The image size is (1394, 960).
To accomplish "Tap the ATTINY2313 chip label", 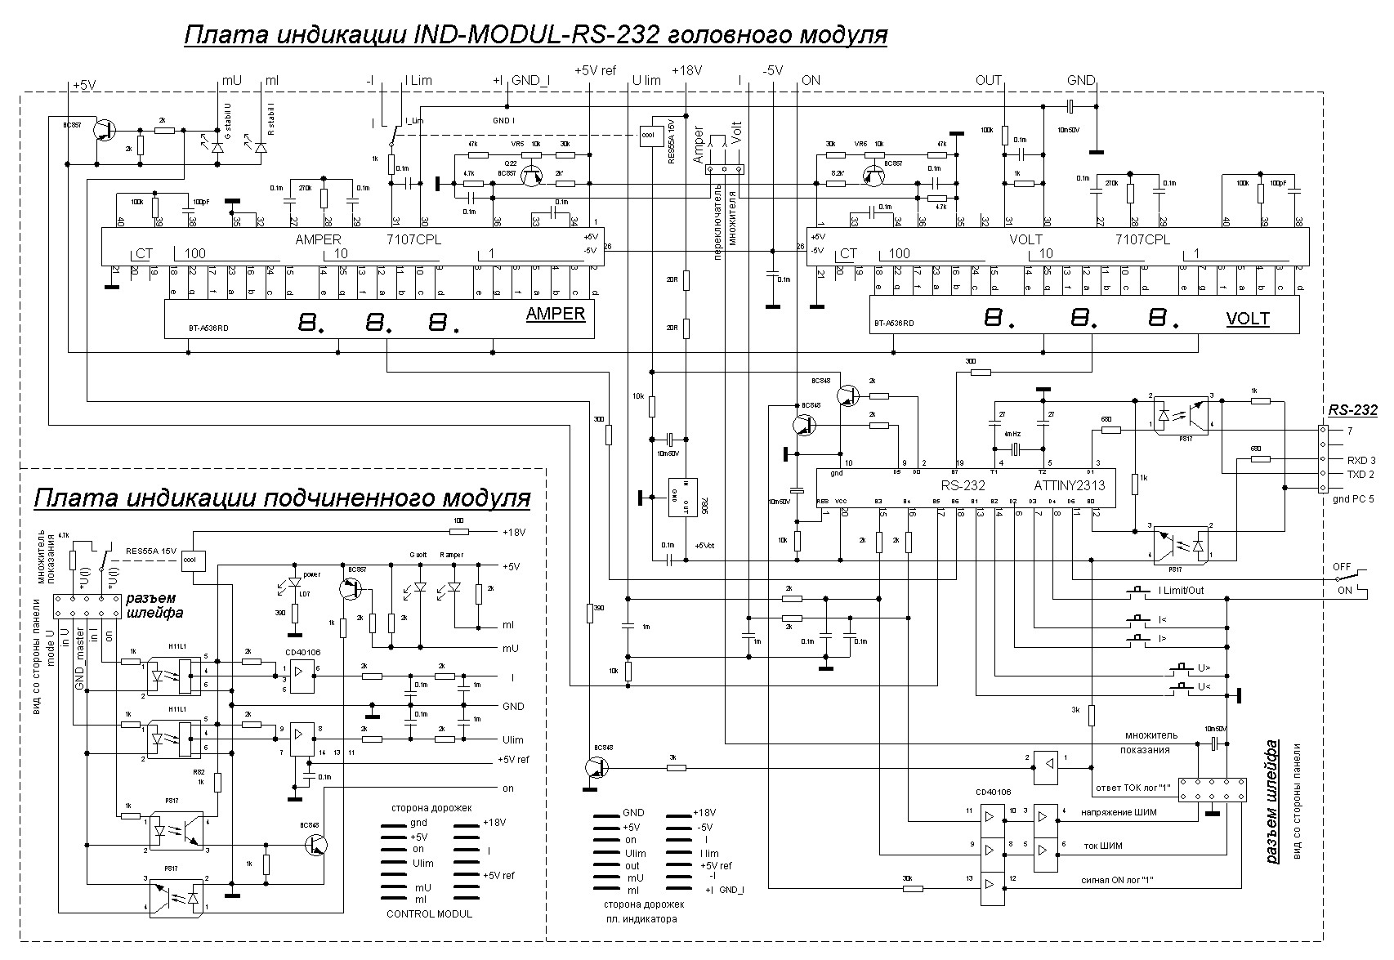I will pos(1062,485).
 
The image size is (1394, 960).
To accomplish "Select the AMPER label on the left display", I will pos(556,313).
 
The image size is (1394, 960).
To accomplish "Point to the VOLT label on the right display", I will pos(1248,319).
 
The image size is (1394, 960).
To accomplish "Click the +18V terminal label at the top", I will pos(686,71).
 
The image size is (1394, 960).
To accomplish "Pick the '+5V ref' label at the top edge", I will pos(595,71).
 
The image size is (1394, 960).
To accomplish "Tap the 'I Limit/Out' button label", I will pos(1181,590).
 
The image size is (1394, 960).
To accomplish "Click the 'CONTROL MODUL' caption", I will pos(429,913).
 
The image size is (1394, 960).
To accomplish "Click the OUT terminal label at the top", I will pos(988,80).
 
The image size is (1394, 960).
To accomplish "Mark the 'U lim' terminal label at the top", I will pos(646,80).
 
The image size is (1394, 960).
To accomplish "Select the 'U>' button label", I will pos(1204,668).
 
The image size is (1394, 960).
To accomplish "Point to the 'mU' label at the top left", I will pos(232,81).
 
